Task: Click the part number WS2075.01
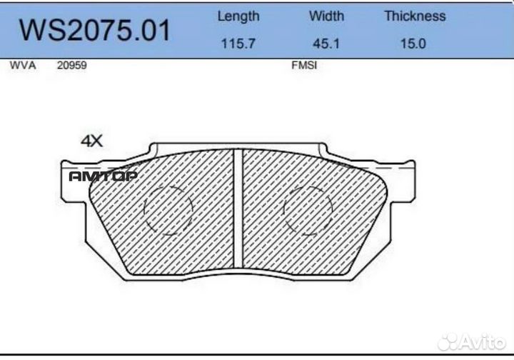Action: pos(94,31)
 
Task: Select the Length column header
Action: pos(238,16)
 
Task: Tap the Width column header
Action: pos(326,16)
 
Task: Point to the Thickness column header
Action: pos(415,16)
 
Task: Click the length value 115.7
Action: pos(238,44)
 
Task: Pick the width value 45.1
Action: pos(326,44)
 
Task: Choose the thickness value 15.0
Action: pos(413,44)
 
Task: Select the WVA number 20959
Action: pos(71,65)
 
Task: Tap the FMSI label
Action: pos(304,65)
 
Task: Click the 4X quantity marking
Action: pos(91,141)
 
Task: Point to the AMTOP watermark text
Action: pos(103,176)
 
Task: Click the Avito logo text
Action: pos(485,341)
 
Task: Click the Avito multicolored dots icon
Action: pos(448,342)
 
